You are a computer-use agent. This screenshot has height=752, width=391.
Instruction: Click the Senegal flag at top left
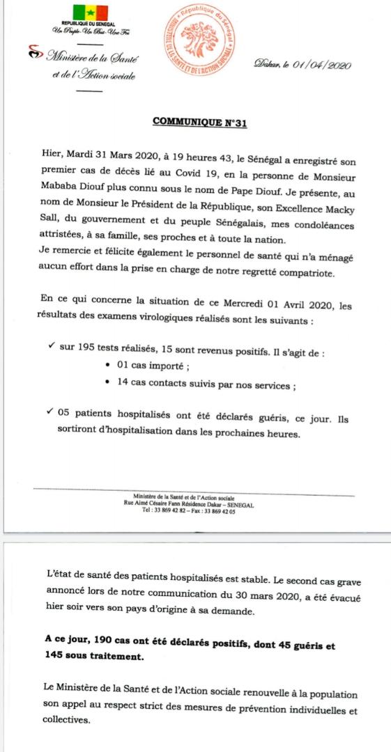pyautogui.click(x=91, y=13)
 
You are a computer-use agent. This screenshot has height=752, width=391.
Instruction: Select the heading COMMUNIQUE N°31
pyautogui.click(x=199, y=123)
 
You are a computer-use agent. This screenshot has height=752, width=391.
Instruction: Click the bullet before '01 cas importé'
pyautogui.click(x=105, y=368)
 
